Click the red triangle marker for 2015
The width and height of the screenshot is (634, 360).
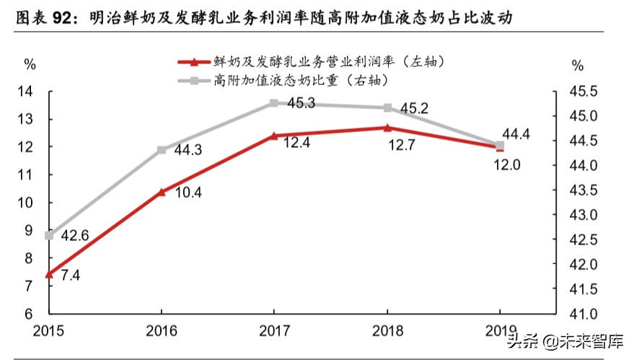(49, 274)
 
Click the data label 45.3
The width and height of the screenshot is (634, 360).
(301, 103)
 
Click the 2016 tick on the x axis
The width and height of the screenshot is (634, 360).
(161, 332)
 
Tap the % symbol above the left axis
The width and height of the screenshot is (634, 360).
(30, 63)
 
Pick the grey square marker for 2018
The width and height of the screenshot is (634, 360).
(387, 108)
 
